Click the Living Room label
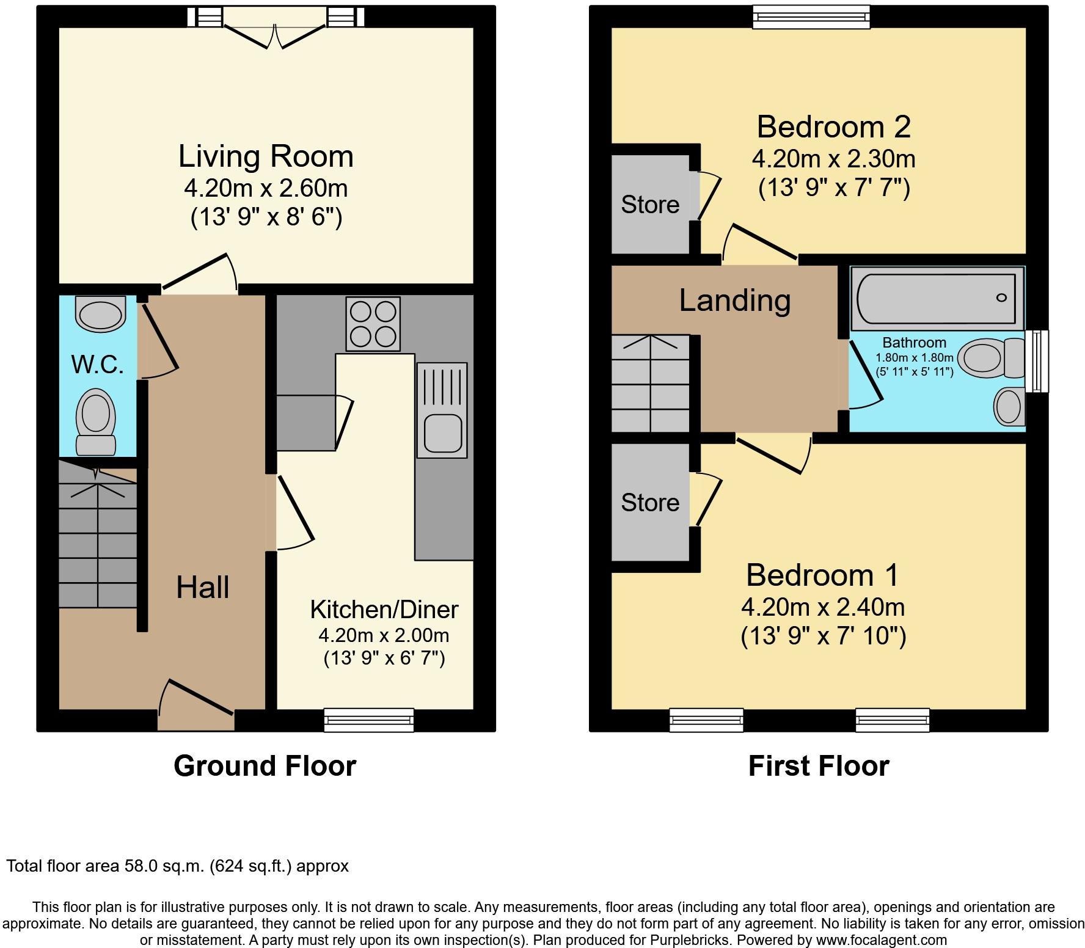pyautogui.click(x=266, y=156)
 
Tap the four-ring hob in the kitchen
pyautogui.click(x=373, y=324)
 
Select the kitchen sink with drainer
pyautogui.click(x=442, y=410)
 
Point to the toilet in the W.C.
pyautogui.click(x=96, y=421)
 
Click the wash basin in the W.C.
pyautogui.click(x=100, y=313)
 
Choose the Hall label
pyautogui.click(x=202, y=587)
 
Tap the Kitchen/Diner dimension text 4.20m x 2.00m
pyautogui.click(x=384, y=635)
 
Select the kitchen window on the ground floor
pyautogui.click(x=369, y=720)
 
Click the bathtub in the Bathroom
pyautogui.click(x=937, y=297)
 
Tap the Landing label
pyautogui.click(x=735, y=301)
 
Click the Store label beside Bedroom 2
pyautogui.click(x=650, y=204)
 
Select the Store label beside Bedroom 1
pyautogui.click(x=650, y=502)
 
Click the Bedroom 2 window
pyautogui.click(x=811, y=16)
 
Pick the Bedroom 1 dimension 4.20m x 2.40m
pyautogui.click(x=823, y=607)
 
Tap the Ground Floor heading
pyautogui.click(x=265, y=766)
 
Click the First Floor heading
pyautogui.click(x=819, y=766)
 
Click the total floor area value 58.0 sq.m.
pyautogui.click(x=164, y=866)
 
